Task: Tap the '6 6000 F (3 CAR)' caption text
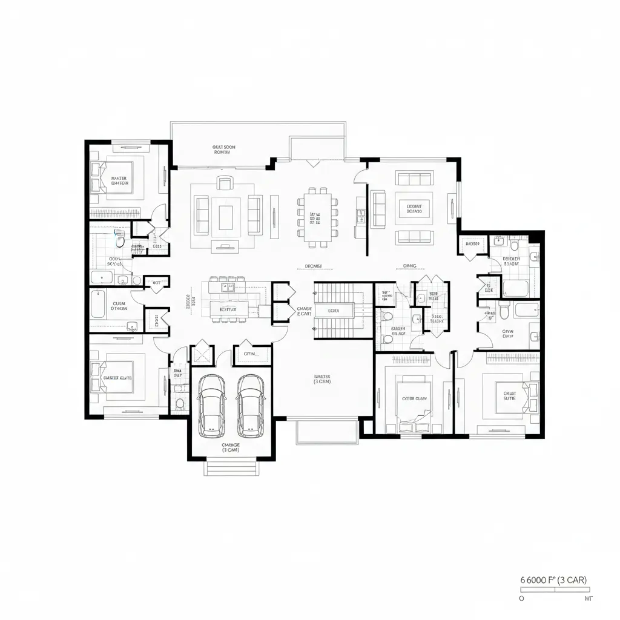pyautogui.click(x=553, y=579)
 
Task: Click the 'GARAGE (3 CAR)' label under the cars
pyautogui.click(x=231, y=447)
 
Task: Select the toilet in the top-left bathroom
pyautogui.click(x=120, y=242)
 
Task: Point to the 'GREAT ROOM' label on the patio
pyautogui.click(x=224, y=150)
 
